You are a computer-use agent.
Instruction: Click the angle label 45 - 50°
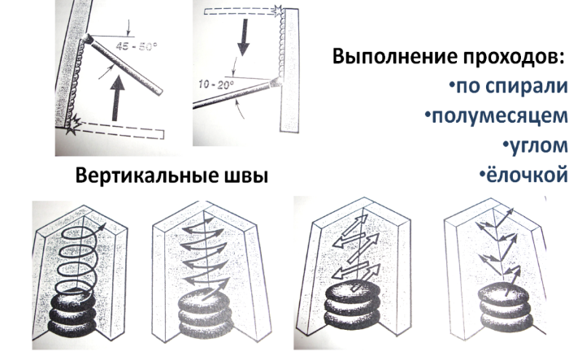pyautogui.click(x=137, y=46)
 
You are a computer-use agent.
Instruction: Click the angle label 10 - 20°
pyautogui.click(x=216, y=85)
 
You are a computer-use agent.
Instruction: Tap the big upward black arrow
pyautogui.click(x=118, y=98)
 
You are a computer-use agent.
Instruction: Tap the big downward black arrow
pyautogui.click(x=244, y=37)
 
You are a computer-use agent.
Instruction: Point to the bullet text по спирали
pyautogui.click(x=509, y=87)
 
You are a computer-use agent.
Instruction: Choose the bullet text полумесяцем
pyautogui.click(x=497, y=116)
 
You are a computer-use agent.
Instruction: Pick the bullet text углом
pyautogui.click(x=536, y=145)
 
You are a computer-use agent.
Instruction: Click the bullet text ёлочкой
pyautogui.click(x=523, y=175)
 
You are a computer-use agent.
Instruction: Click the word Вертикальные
pyautogui.click(x=145, y=176)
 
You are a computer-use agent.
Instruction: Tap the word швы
pyautogui.click(x=245, y=176)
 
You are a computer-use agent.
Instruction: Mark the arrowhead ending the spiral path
pyautogui.click(x=102, y=227)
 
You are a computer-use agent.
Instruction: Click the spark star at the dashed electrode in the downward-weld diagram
pyautogui.click(x=278, y=10)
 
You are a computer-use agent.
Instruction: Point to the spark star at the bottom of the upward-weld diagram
pyautogui.click(x=73, y=124)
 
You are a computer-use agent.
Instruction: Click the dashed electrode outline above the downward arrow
pyautogui.click(x=240, y=12)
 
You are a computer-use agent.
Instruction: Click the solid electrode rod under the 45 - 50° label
pyautogui.click(x=125, y=66)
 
